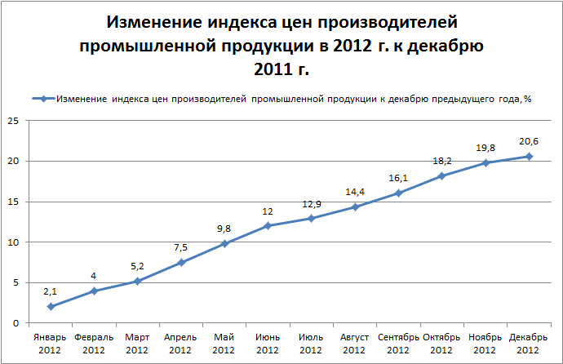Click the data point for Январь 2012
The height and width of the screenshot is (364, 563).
coord(51,307)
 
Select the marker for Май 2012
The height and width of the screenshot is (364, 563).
coord(224,244)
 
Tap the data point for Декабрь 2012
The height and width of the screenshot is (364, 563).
coord(529,156)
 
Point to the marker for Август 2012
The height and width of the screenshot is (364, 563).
coord(355,206)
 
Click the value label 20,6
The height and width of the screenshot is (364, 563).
coord(529,140)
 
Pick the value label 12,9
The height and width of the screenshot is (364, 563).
coord(312,202)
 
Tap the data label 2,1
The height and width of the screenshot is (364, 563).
coord(51,291)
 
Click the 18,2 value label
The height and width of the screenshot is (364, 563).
coord(442,160)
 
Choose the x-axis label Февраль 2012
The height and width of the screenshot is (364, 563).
coord(94,342)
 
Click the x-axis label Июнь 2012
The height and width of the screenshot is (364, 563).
coord(268,342)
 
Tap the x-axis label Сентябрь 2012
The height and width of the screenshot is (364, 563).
coord(398,342)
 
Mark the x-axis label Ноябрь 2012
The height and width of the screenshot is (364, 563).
coord(485,342)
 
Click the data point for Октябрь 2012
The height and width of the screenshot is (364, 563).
coord(442,175)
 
